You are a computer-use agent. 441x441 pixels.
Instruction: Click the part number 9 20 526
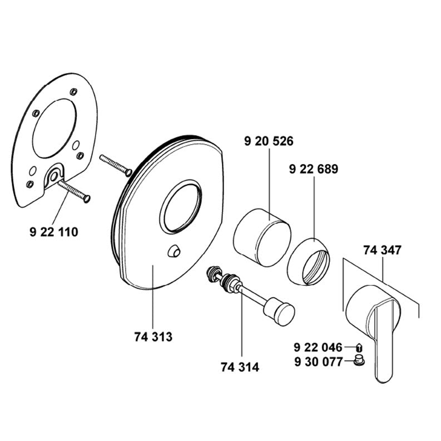pyautogui.click(x=269, y=141)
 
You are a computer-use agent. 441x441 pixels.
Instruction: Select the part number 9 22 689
pyautogui.click(x=314, y=169)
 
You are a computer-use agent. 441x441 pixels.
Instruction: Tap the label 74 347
pyautogui.click(x=382, y=250)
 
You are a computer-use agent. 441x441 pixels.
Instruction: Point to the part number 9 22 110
pyautogui.click(x=54, y=232)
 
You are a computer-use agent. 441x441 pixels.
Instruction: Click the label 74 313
pyautogui.click(x=153, y=336)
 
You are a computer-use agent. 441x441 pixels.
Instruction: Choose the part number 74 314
pyautogui.click(x=240, y=367)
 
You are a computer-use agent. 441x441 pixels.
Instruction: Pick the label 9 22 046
pyautogui.click(x=318, y=348)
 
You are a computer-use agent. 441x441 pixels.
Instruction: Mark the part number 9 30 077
pyautogui.click(x=319, y=361)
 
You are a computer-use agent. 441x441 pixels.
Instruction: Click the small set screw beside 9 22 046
pyautogui.click(x=359, y=348)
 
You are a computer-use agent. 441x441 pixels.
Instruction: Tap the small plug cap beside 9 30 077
pyautogui.click(x=359, y=360)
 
